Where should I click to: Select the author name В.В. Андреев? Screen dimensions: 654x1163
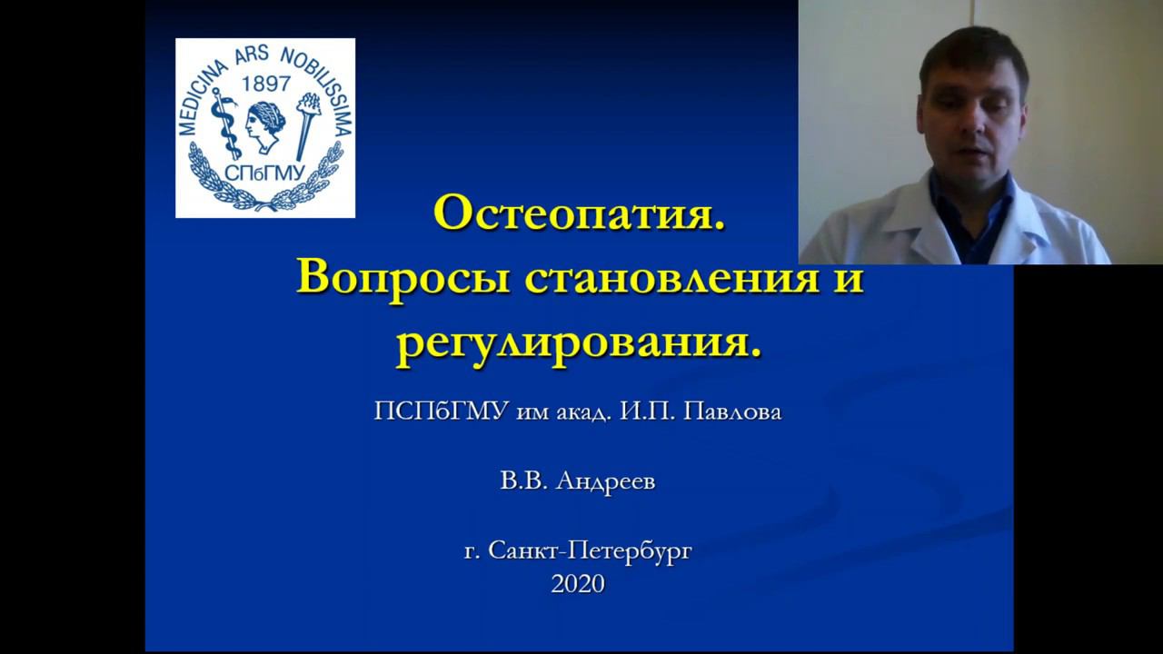[577, 481]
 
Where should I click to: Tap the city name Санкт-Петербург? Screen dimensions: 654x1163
[590, 550]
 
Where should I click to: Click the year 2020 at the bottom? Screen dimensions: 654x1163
[577, 584]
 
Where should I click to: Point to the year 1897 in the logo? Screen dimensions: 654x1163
[265, 84]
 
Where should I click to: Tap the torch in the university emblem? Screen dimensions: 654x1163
[306, 123]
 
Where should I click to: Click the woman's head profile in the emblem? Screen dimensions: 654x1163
[264, 127]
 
